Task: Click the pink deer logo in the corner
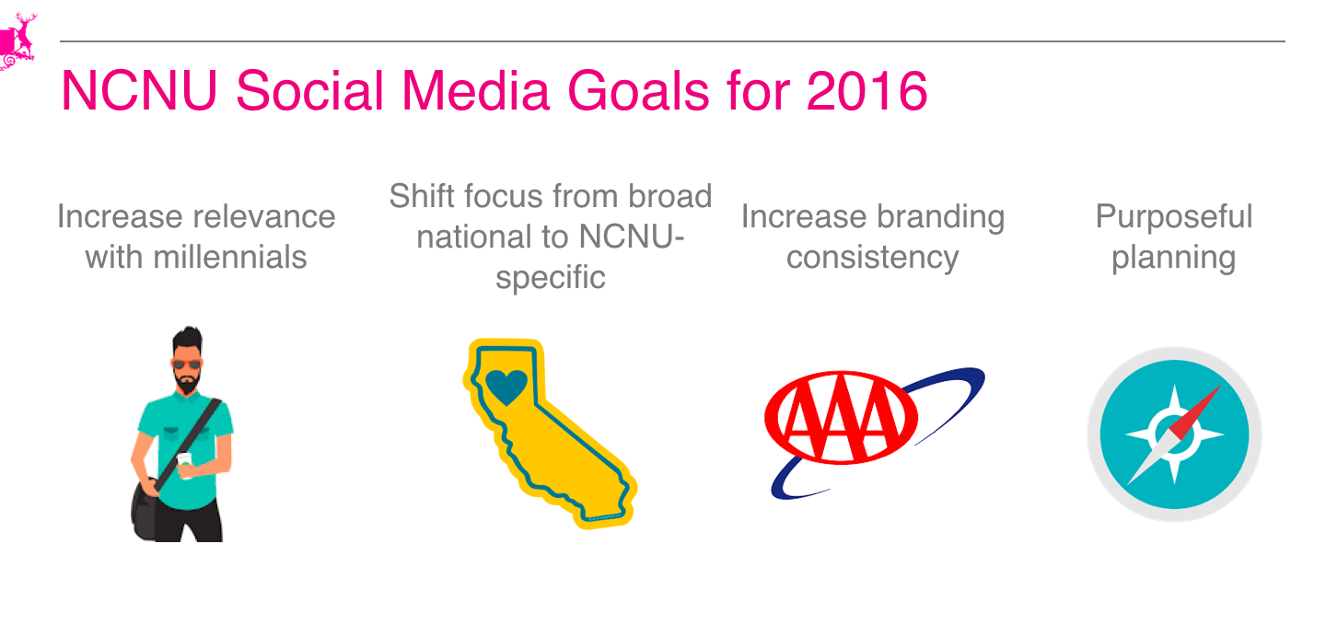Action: (x=17, y=41)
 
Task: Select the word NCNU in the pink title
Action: (x=139, y=91)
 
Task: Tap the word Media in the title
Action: (x=476, y=91)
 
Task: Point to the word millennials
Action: (x=229, y=258)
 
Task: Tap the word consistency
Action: (x=873, y=258)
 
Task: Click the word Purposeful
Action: (x=1174, y=216)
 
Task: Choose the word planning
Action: (x=1174, y=258)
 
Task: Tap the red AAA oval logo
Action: (x=842, y=418)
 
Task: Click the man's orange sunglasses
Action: (x=186, y=364)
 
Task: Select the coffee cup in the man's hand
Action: (x=185, y=465)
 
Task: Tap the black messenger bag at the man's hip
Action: (x=145, y=510)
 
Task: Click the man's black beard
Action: (x=187, y=382)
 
